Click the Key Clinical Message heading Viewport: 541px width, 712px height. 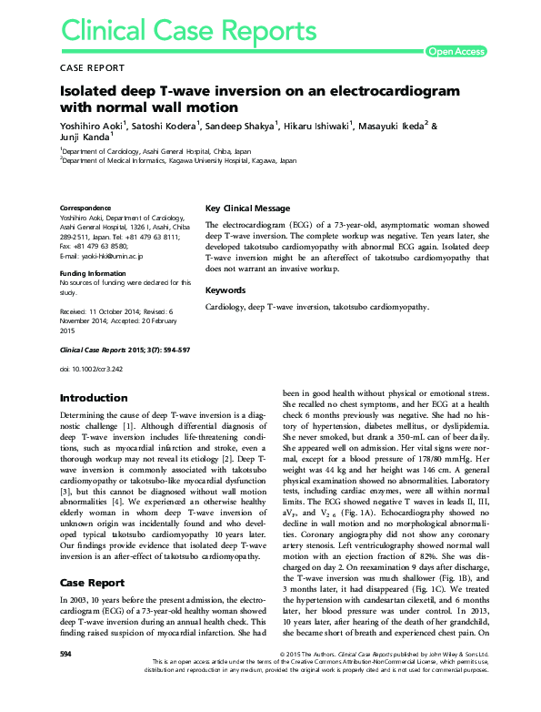coord(248,208)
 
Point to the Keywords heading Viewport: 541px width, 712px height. coord(225,290)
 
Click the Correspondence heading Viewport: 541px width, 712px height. coord(85,208)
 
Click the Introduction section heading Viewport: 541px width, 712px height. coord(93,399)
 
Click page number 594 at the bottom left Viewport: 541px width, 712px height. coord(65,680)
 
